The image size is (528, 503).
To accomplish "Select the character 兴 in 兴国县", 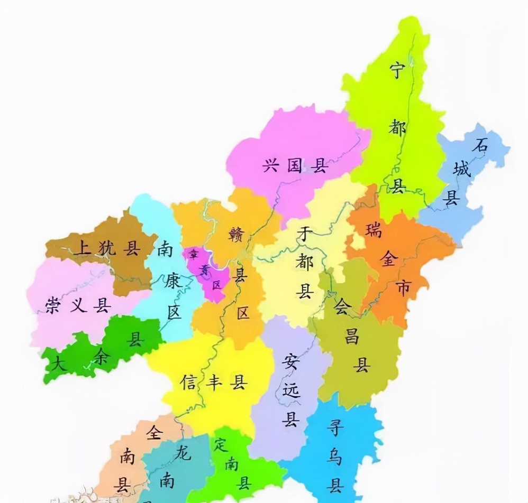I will (x=270, y=166).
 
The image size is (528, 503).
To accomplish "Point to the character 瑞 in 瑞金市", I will (x=374, y=230).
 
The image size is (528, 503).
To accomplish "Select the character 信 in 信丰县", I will (x=189, y=382).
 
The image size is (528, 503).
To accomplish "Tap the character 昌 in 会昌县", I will (x=352, y=336).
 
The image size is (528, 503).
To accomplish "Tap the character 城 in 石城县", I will (x=461, y=170).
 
